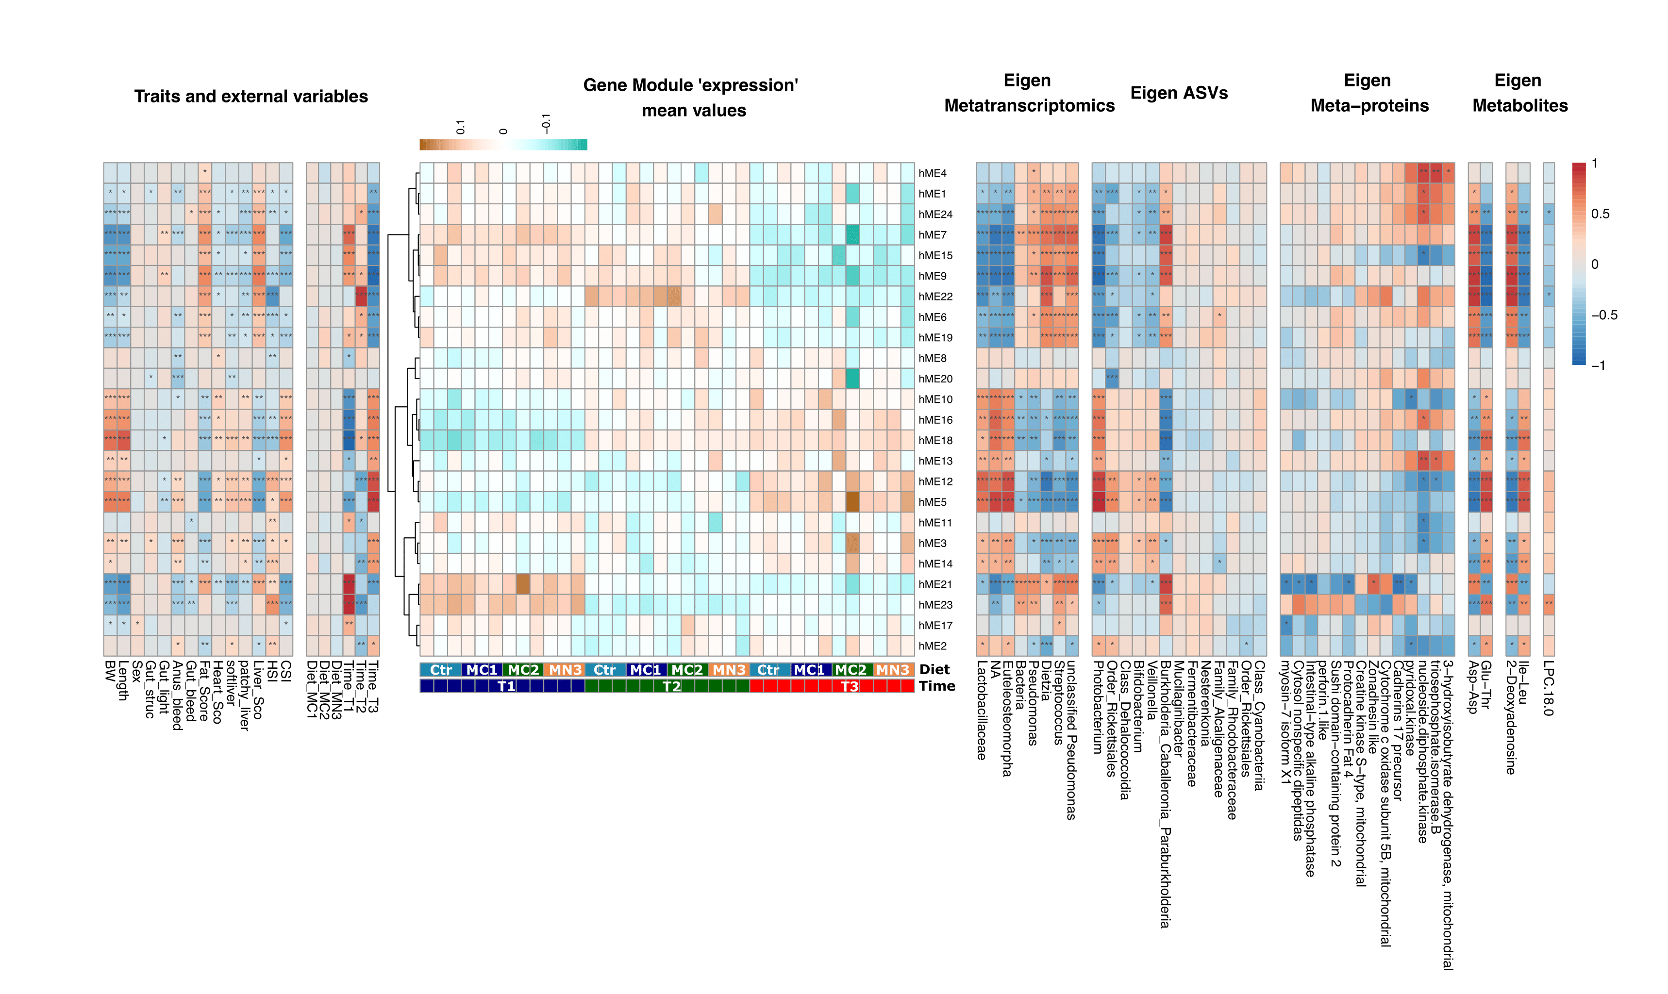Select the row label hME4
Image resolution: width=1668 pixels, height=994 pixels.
click(933, 173)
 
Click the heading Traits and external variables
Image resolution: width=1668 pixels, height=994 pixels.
click(250, 97)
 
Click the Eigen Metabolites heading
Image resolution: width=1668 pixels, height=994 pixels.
click(1519, 93)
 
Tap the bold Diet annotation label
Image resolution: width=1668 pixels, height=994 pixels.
click(934, 670)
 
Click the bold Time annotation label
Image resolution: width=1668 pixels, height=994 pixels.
click(936, 686)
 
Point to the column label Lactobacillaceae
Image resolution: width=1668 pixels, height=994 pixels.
click(982, 710)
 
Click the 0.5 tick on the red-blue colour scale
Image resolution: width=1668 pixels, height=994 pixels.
click(1601, 214)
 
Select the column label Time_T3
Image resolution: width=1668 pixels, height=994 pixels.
click(373, 687)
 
